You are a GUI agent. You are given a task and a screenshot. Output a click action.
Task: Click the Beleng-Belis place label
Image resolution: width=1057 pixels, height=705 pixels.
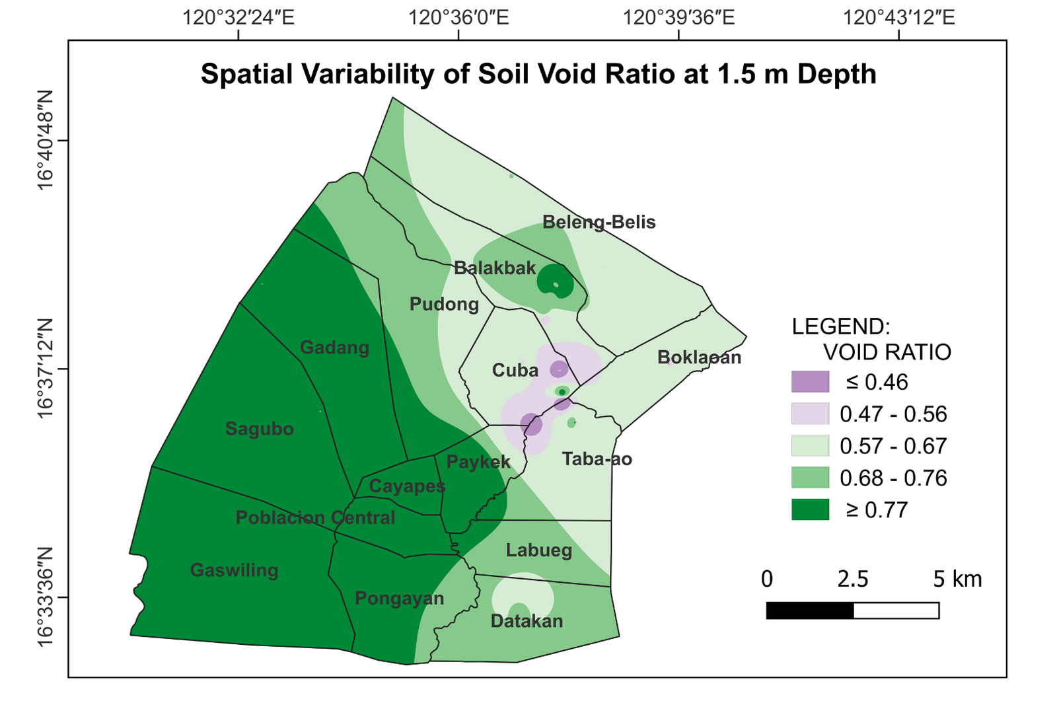pos(599,222)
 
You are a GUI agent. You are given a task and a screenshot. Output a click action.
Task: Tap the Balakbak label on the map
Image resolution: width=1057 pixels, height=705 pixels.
pos(495,268)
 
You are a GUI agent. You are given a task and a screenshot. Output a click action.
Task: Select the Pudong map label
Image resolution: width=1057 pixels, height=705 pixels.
pos(444,305)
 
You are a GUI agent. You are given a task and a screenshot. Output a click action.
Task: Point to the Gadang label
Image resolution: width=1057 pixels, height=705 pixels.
pos(334,348)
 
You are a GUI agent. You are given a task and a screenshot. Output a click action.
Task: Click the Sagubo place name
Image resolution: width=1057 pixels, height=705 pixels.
pos(260,429)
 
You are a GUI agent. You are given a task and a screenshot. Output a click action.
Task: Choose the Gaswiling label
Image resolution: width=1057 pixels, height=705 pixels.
pos(234,570)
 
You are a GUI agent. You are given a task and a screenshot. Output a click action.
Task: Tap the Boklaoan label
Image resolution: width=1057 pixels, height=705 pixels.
pos(700,357)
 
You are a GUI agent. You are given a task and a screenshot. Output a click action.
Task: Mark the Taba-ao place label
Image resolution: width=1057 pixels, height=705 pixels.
pos(597,459)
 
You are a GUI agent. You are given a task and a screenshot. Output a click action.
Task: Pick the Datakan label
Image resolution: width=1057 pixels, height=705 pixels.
pos(527,621)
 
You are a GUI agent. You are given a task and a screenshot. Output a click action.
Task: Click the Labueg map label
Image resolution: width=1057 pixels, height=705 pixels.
pos(539,550)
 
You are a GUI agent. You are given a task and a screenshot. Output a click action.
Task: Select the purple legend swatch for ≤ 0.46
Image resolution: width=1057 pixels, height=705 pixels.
pos(810,382)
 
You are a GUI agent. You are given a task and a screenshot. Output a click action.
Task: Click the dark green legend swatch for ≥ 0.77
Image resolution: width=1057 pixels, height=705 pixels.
pos(810,509)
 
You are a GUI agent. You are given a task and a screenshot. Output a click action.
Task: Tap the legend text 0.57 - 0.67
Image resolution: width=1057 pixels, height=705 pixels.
pos(893,446)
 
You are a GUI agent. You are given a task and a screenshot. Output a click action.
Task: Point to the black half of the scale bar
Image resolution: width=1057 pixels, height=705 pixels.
pos(810,611)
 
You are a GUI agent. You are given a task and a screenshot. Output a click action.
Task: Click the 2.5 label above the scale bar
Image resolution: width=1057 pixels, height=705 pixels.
pos(853,579)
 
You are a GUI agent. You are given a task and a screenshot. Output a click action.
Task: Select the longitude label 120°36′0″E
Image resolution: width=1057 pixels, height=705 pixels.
pos(458,18)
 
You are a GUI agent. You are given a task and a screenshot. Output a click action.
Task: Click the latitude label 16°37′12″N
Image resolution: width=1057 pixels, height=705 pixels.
pos(46,369)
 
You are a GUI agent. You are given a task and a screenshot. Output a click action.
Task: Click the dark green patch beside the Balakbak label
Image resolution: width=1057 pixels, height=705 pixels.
pos(556,281)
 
